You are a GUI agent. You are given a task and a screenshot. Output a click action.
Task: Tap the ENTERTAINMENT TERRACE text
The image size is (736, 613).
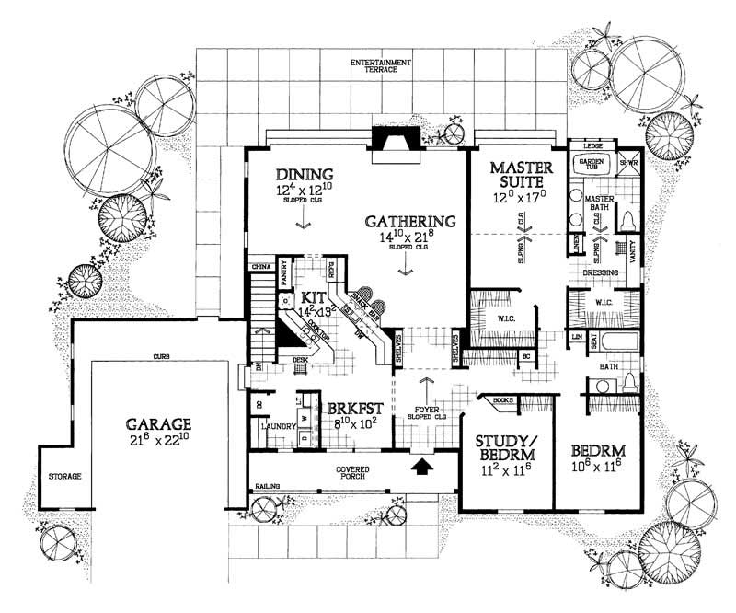coord(381,68)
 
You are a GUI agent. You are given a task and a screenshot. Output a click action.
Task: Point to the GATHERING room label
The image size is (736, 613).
coord(410,222)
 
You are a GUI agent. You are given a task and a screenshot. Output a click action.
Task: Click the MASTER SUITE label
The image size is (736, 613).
coord(520,175)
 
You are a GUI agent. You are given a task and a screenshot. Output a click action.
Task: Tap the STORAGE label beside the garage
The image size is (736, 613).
coord(65,477)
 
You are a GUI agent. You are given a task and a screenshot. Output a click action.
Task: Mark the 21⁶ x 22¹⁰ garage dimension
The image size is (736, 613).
coord(158,441)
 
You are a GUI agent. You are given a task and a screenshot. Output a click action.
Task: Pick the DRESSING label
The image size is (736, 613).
coord(600,272)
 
